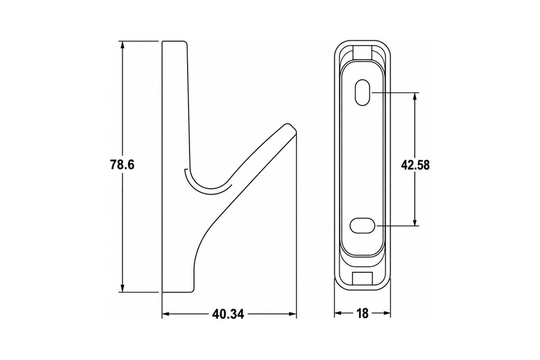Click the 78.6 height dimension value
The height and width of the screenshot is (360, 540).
pos(122,165)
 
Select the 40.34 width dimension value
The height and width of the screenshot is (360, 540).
pos(228,314)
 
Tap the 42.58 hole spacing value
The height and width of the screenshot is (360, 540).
pos(415,166)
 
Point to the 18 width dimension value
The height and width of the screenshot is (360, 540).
pos(362,314)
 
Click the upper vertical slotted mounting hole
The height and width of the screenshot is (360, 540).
pos(363,93)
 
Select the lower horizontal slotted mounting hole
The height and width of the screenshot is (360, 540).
pos(362,226)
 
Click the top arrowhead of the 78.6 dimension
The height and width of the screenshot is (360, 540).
pos(122,45)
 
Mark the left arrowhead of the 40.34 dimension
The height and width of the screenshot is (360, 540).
pos(166,314)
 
